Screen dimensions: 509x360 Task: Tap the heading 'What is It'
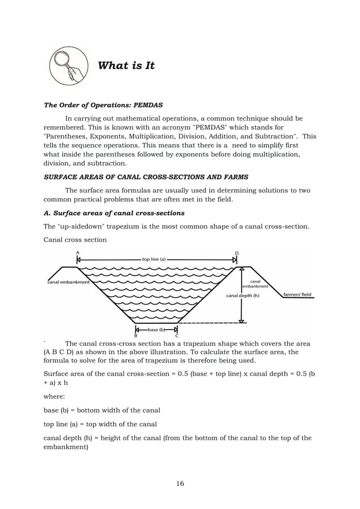[x=126, y=66]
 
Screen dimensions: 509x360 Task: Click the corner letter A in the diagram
[x=77, y=252]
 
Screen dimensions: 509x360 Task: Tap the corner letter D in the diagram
[x=236, y=252]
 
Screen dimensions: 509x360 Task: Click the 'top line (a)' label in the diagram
[x=153, y=260]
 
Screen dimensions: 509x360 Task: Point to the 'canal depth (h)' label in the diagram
[x=243, y=295]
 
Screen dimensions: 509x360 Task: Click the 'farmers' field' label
[x=297, y=295]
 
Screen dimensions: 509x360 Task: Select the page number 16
[x=180, y=483]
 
